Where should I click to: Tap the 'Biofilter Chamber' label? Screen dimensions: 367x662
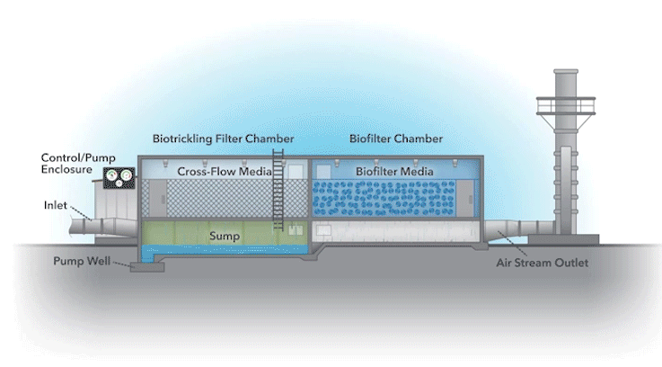[394, 139]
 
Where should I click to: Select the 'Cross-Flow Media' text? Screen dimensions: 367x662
[218, 171]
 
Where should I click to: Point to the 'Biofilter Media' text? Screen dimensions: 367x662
[395, 171]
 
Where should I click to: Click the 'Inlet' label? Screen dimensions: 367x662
[55, 204]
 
